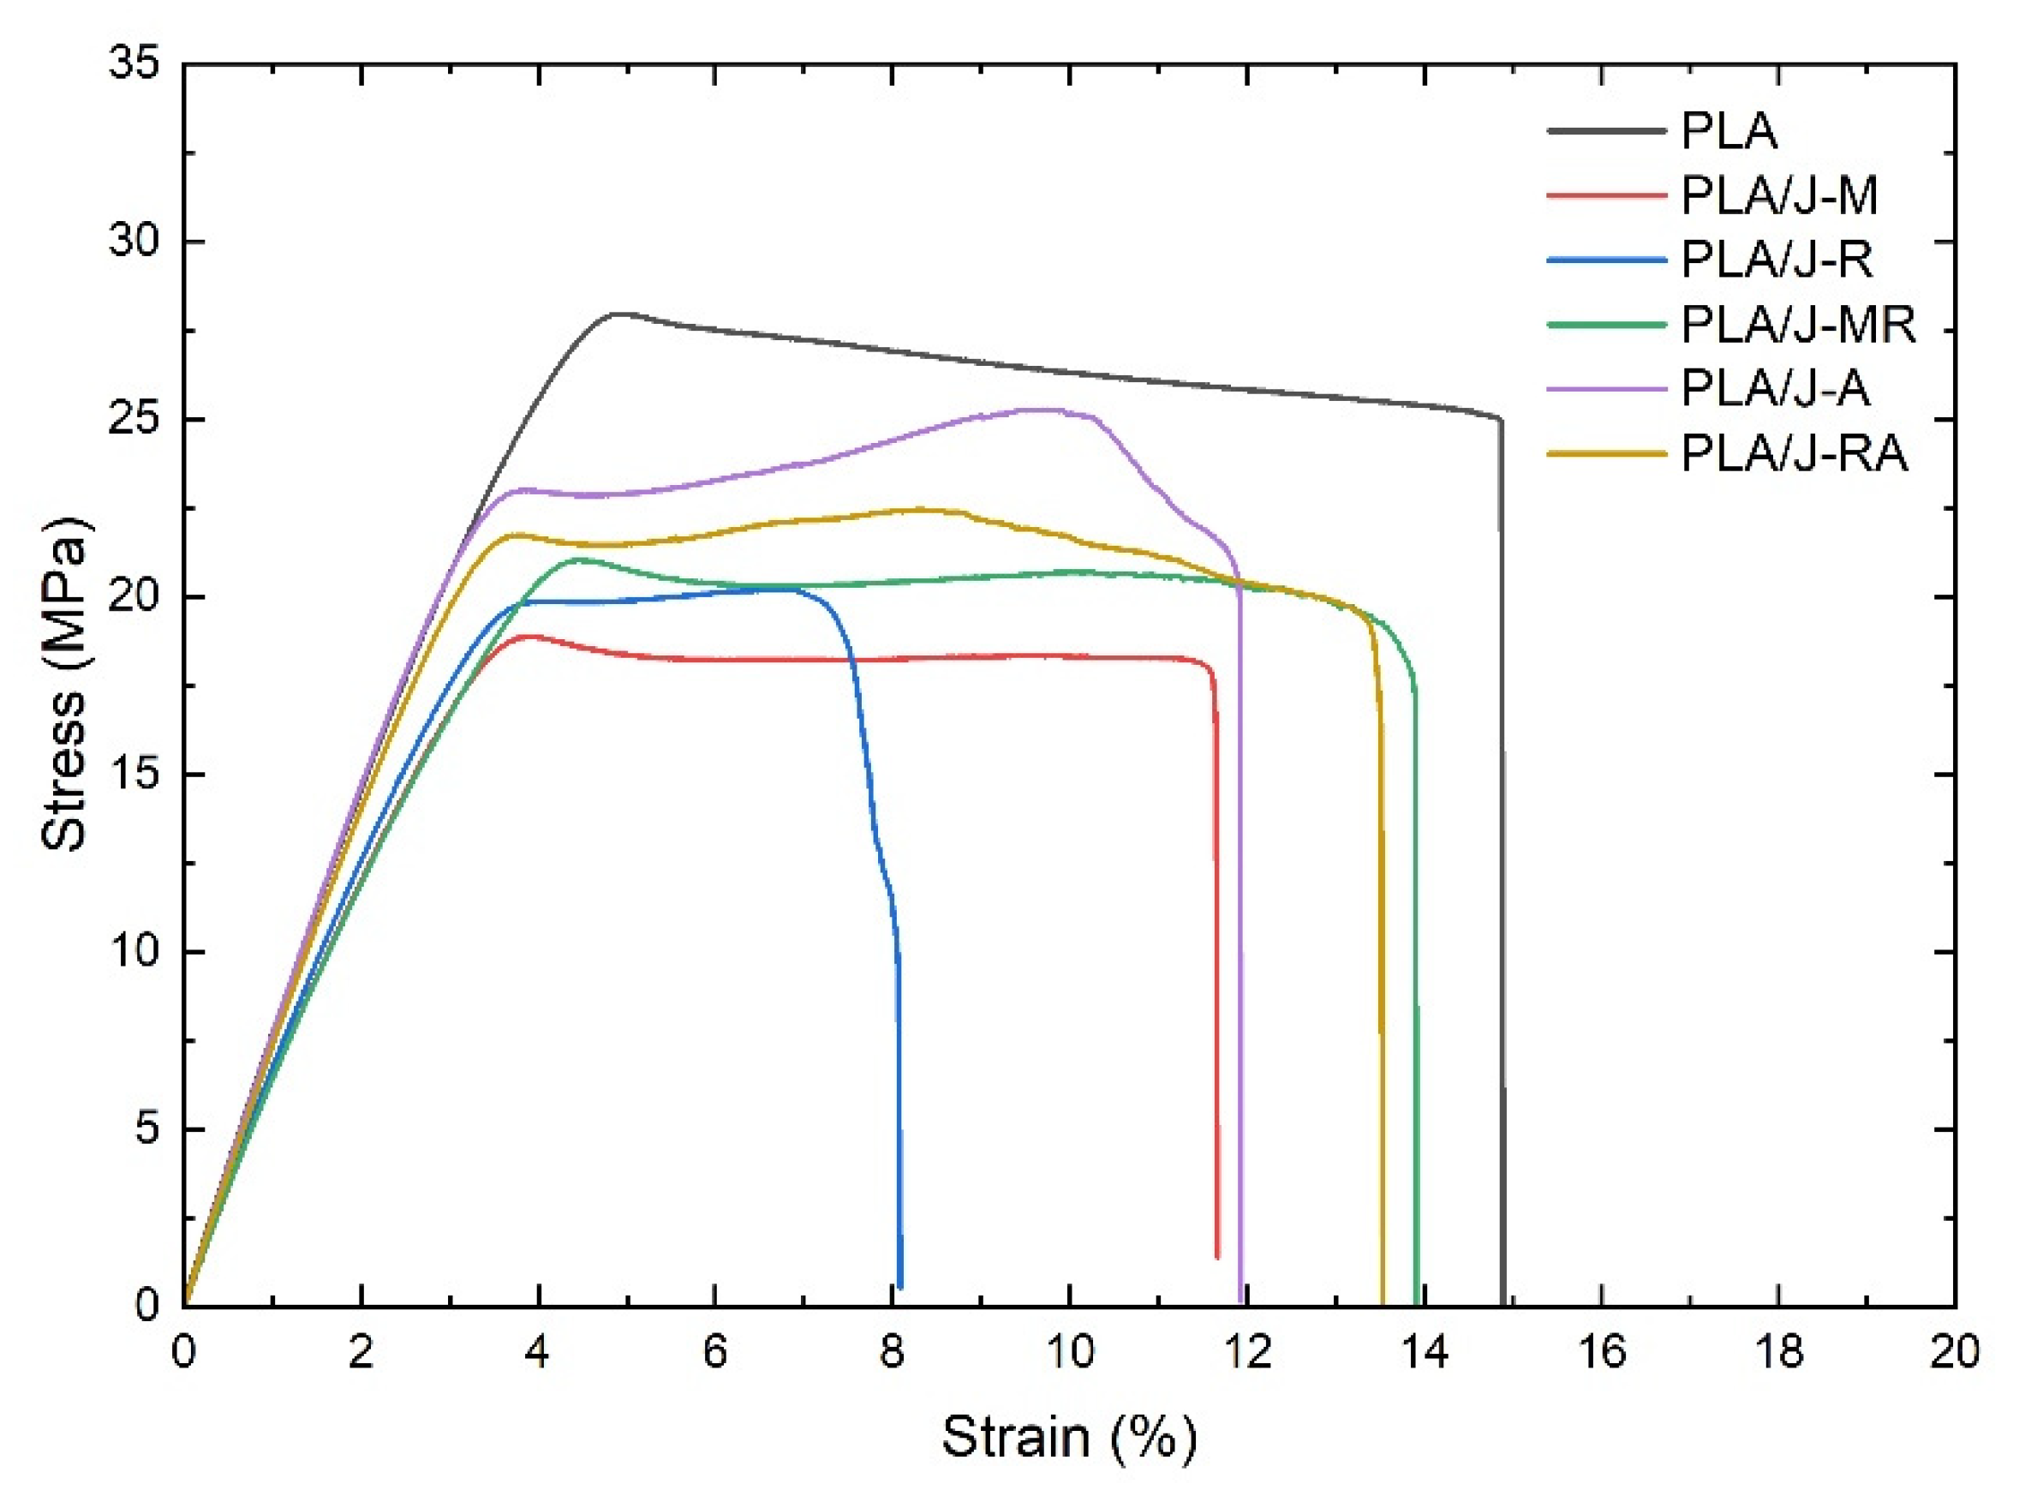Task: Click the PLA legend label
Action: coord(1728,131)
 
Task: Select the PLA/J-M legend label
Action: coord(1779,195)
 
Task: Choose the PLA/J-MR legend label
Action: coord(1797,325)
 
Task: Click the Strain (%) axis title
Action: coord(1069,1437)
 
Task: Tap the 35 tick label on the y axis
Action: coord(134,65)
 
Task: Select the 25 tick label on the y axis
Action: coord(134,420)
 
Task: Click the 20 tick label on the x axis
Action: coord(1954,1353)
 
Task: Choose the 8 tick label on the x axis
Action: coord(892,1353)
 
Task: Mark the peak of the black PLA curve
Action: coord(618,314)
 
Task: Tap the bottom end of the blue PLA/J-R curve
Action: coord(900,1285)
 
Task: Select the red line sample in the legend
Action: coord(1606,195)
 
